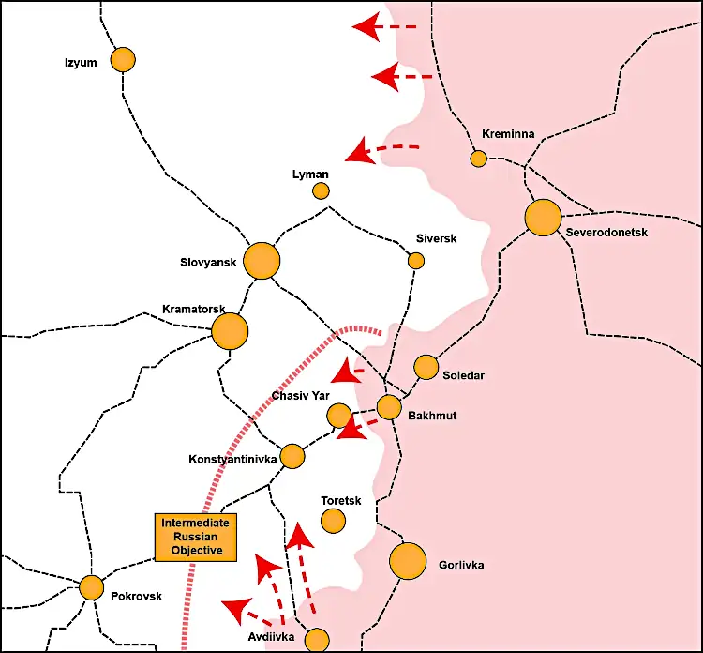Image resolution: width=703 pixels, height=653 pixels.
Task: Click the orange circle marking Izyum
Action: pyautogui.click(x=123, y=60)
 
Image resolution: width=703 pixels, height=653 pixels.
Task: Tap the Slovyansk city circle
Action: pyautogui.click(x=262, y=261)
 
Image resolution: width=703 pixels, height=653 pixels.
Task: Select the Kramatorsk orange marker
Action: pyautogui.click(x=230, y=331)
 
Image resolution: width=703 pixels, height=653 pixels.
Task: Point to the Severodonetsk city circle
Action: pyautogui.click(x=543, y=218)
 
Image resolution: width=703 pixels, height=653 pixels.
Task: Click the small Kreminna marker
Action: pyautogui.click(x=479, y=159)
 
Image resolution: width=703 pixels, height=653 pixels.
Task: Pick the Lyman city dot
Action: pyautogui.click(x=321, y=191)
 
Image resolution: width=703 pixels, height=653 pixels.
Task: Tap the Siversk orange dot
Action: pyautogui.click(x=416, y=261)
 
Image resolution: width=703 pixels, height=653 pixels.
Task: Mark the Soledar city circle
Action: pyautogui.click(x=426, y=367)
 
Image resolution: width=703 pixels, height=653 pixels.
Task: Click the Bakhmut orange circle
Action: pyautogui.click(x=389, y=407)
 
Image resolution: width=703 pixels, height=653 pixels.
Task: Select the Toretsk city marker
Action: pyautogui.click(x=333, y=520)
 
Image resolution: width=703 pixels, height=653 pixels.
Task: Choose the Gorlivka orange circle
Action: pyautogui.click(x=408, y=562)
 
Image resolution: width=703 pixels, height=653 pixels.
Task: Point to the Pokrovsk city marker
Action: pyautogui.click(x=92, y=587)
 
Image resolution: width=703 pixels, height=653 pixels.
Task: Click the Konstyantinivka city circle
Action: pyautogui.click(x=292, y=457)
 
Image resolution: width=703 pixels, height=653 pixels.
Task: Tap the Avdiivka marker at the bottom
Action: pyautogui.click(x=318, y=640)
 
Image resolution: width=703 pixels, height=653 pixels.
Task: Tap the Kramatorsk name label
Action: pyautogui.click(x=195, y=309)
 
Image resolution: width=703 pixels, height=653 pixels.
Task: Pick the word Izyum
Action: pyautogui.click(x=82, y=63)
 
